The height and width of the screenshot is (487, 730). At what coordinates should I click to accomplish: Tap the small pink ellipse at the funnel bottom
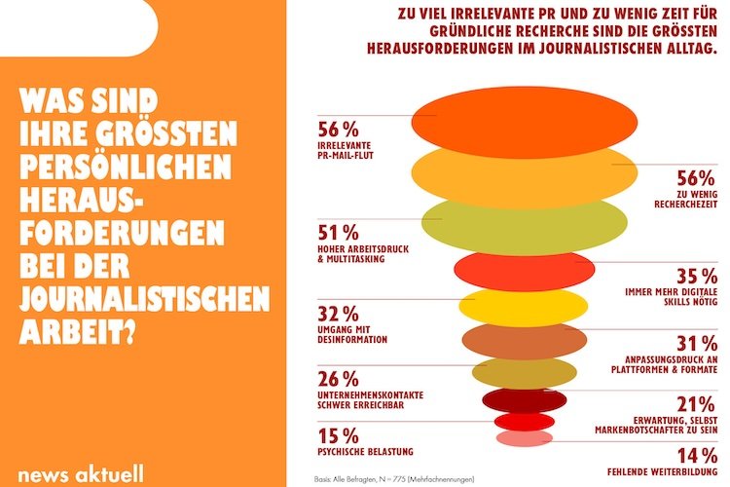pyautogui.click(x=523, y=438)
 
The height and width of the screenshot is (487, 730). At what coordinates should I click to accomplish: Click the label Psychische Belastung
pyautogui.click(x=365, y=451)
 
